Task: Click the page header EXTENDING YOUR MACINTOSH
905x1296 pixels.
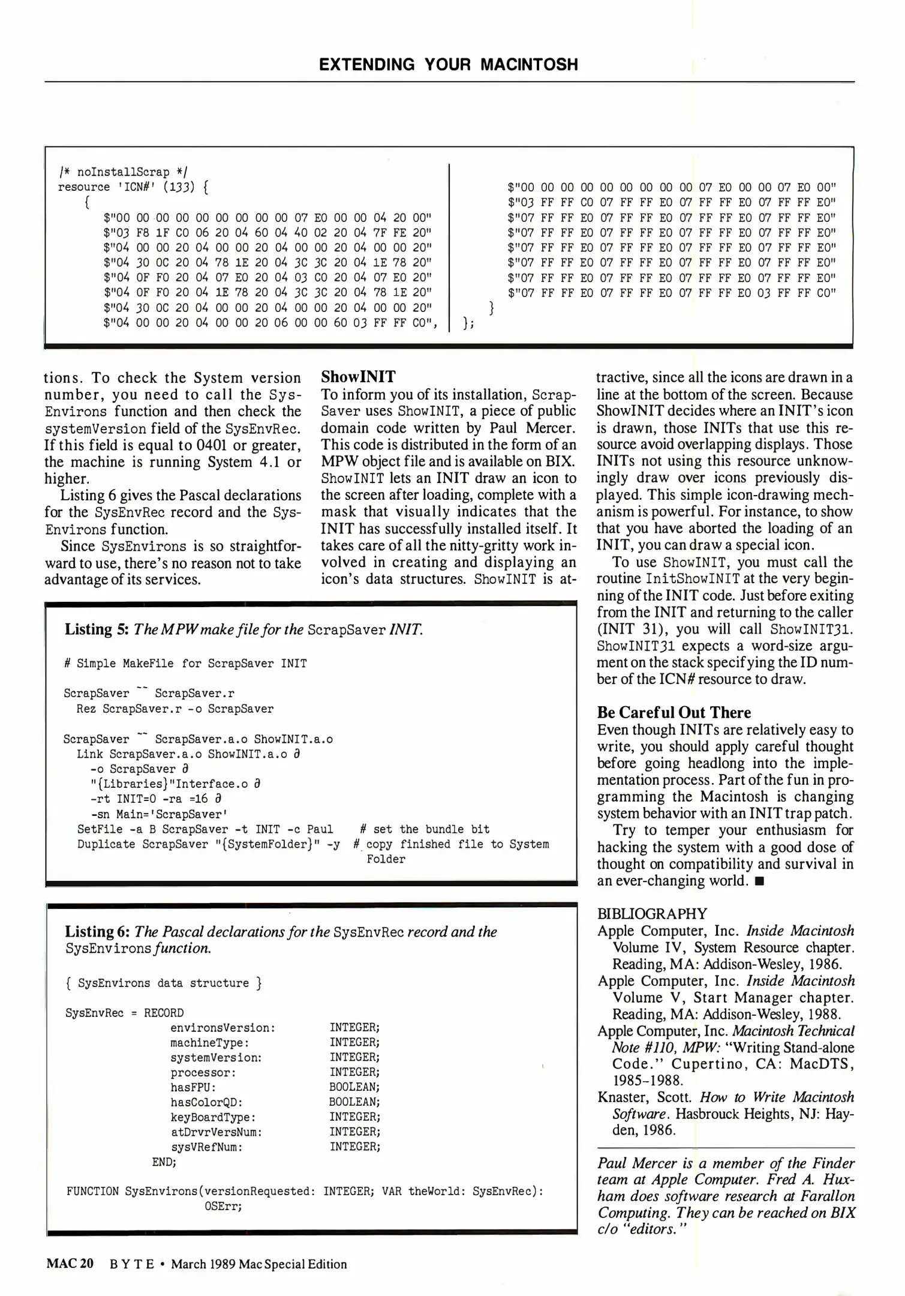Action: [x=448, y=65]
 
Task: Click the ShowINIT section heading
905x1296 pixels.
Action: [x=358, y=377]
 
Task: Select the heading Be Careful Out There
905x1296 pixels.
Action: [x=674, y=712]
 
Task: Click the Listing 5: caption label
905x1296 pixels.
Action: [x=97, y=629]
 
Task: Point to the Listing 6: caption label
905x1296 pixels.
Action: [x=97, y=932]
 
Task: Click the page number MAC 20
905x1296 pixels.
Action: [x=70, y=1264]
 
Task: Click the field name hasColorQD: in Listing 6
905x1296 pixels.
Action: [x=206, y=1102]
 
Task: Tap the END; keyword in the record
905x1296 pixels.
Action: [x=164, y=1162]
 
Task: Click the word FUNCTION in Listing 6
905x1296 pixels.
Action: [x=92, y=1191]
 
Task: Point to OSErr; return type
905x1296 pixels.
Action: [x=223, y=1206]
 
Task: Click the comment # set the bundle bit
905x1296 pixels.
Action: [x=425, y=829]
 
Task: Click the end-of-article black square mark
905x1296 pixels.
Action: [x=759, y=881]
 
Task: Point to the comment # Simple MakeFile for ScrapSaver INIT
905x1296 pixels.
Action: [x=185, y=664]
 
